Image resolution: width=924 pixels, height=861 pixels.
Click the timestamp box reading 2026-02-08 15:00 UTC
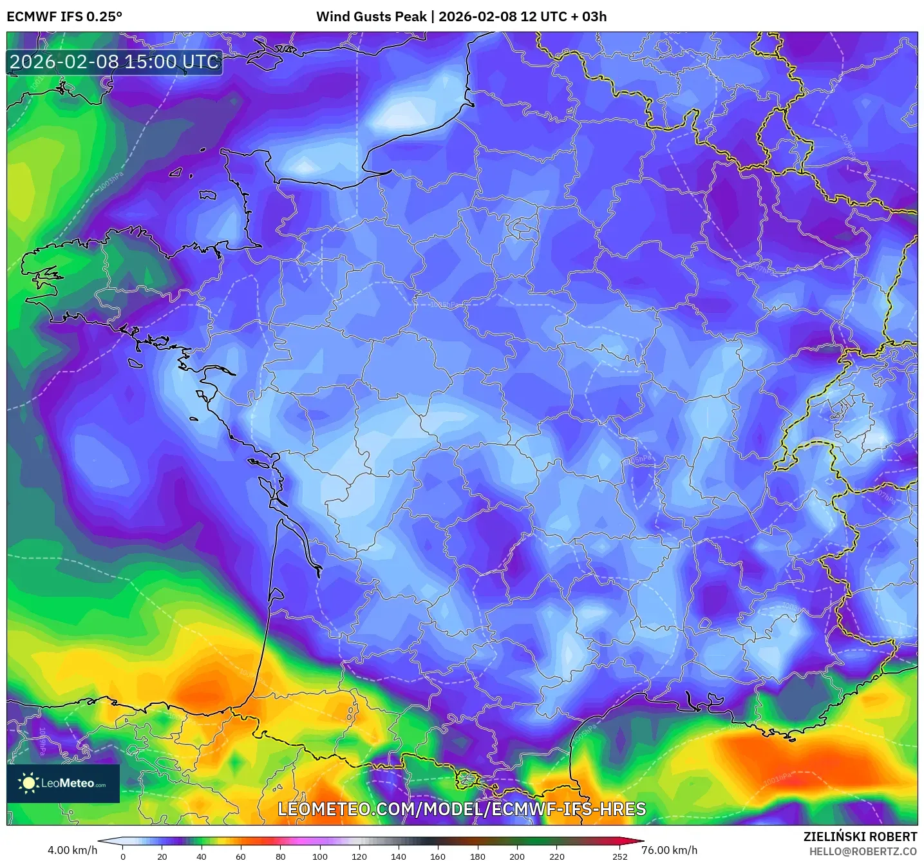[114, 62]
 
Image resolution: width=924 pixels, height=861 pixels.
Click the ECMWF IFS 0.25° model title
[64, 17]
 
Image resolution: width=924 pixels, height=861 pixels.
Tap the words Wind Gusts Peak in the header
[371, 17]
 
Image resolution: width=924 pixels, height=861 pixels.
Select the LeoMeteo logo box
[63, 783]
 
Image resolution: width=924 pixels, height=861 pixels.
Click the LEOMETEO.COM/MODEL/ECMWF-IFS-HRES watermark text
[461, 809]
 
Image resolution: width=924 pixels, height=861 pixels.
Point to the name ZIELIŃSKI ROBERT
[860, 837]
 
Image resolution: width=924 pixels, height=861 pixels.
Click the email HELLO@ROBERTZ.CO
[862, 851]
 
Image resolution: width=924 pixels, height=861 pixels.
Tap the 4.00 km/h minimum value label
[72, 850]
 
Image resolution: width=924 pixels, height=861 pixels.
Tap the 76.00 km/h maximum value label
[669, 850]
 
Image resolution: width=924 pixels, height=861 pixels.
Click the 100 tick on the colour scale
[320, 856]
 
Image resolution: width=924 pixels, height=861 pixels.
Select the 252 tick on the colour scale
[619, 856]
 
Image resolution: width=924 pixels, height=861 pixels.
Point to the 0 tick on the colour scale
[123, 856]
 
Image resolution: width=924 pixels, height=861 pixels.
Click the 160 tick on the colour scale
[438, 856]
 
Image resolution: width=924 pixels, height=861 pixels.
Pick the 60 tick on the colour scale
[241, 856]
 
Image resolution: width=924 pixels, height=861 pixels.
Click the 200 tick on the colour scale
[516, 856]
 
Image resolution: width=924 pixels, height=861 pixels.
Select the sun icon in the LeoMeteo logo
[28, 783]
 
